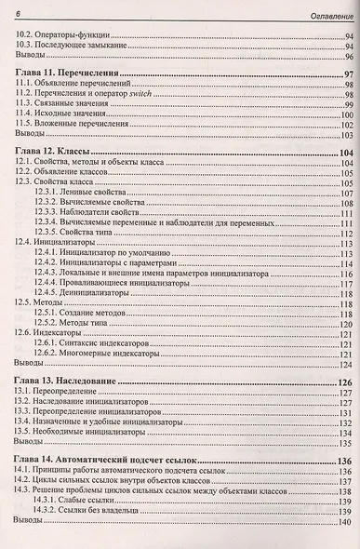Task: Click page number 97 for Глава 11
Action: coord(345,74)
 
